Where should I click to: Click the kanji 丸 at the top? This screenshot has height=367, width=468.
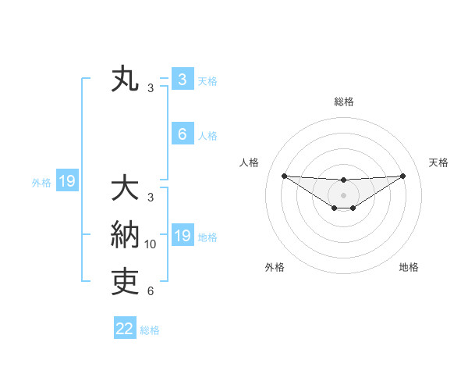point(125,80)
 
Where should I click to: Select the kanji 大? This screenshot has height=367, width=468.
point(125,190)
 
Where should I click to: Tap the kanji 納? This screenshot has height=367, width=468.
point(125,236)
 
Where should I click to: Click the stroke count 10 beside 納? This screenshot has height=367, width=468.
point(151,244)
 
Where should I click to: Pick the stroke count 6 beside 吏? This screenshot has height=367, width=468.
point(151,291)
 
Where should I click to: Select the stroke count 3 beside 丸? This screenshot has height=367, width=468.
point(151,88)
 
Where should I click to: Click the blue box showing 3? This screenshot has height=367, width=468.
point(182,80)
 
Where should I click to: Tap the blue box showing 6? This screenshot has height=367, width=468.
point(182,134)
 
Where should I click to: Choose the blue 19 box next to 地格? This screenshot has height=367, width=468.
point(182,236)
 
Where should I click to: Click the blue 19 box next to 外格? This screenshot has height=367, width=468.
point(67,182)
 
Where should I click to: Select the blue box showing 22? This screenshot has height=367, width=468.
point(125,329)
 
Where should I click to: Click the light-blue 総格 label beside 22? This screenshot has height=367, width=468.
point(150,330)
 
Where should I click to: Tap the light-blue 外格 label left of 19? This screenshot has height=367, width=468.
point(41,183)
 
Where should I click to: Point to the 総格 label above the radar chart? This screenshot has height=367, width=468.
point(343,102)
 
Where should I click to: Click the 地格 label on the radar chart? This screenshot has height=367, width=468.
point(409,267)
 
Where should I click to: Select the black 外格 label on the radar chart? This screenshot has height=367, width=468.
point(275,267)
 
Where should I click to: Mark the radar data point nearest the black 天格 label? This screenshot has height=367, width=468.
point(402,175)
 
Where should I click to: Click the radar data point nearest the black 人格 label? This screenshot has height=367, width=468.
point(284,175)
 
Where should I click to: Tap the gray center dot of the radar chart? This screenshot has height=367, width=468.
point(343,194)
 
